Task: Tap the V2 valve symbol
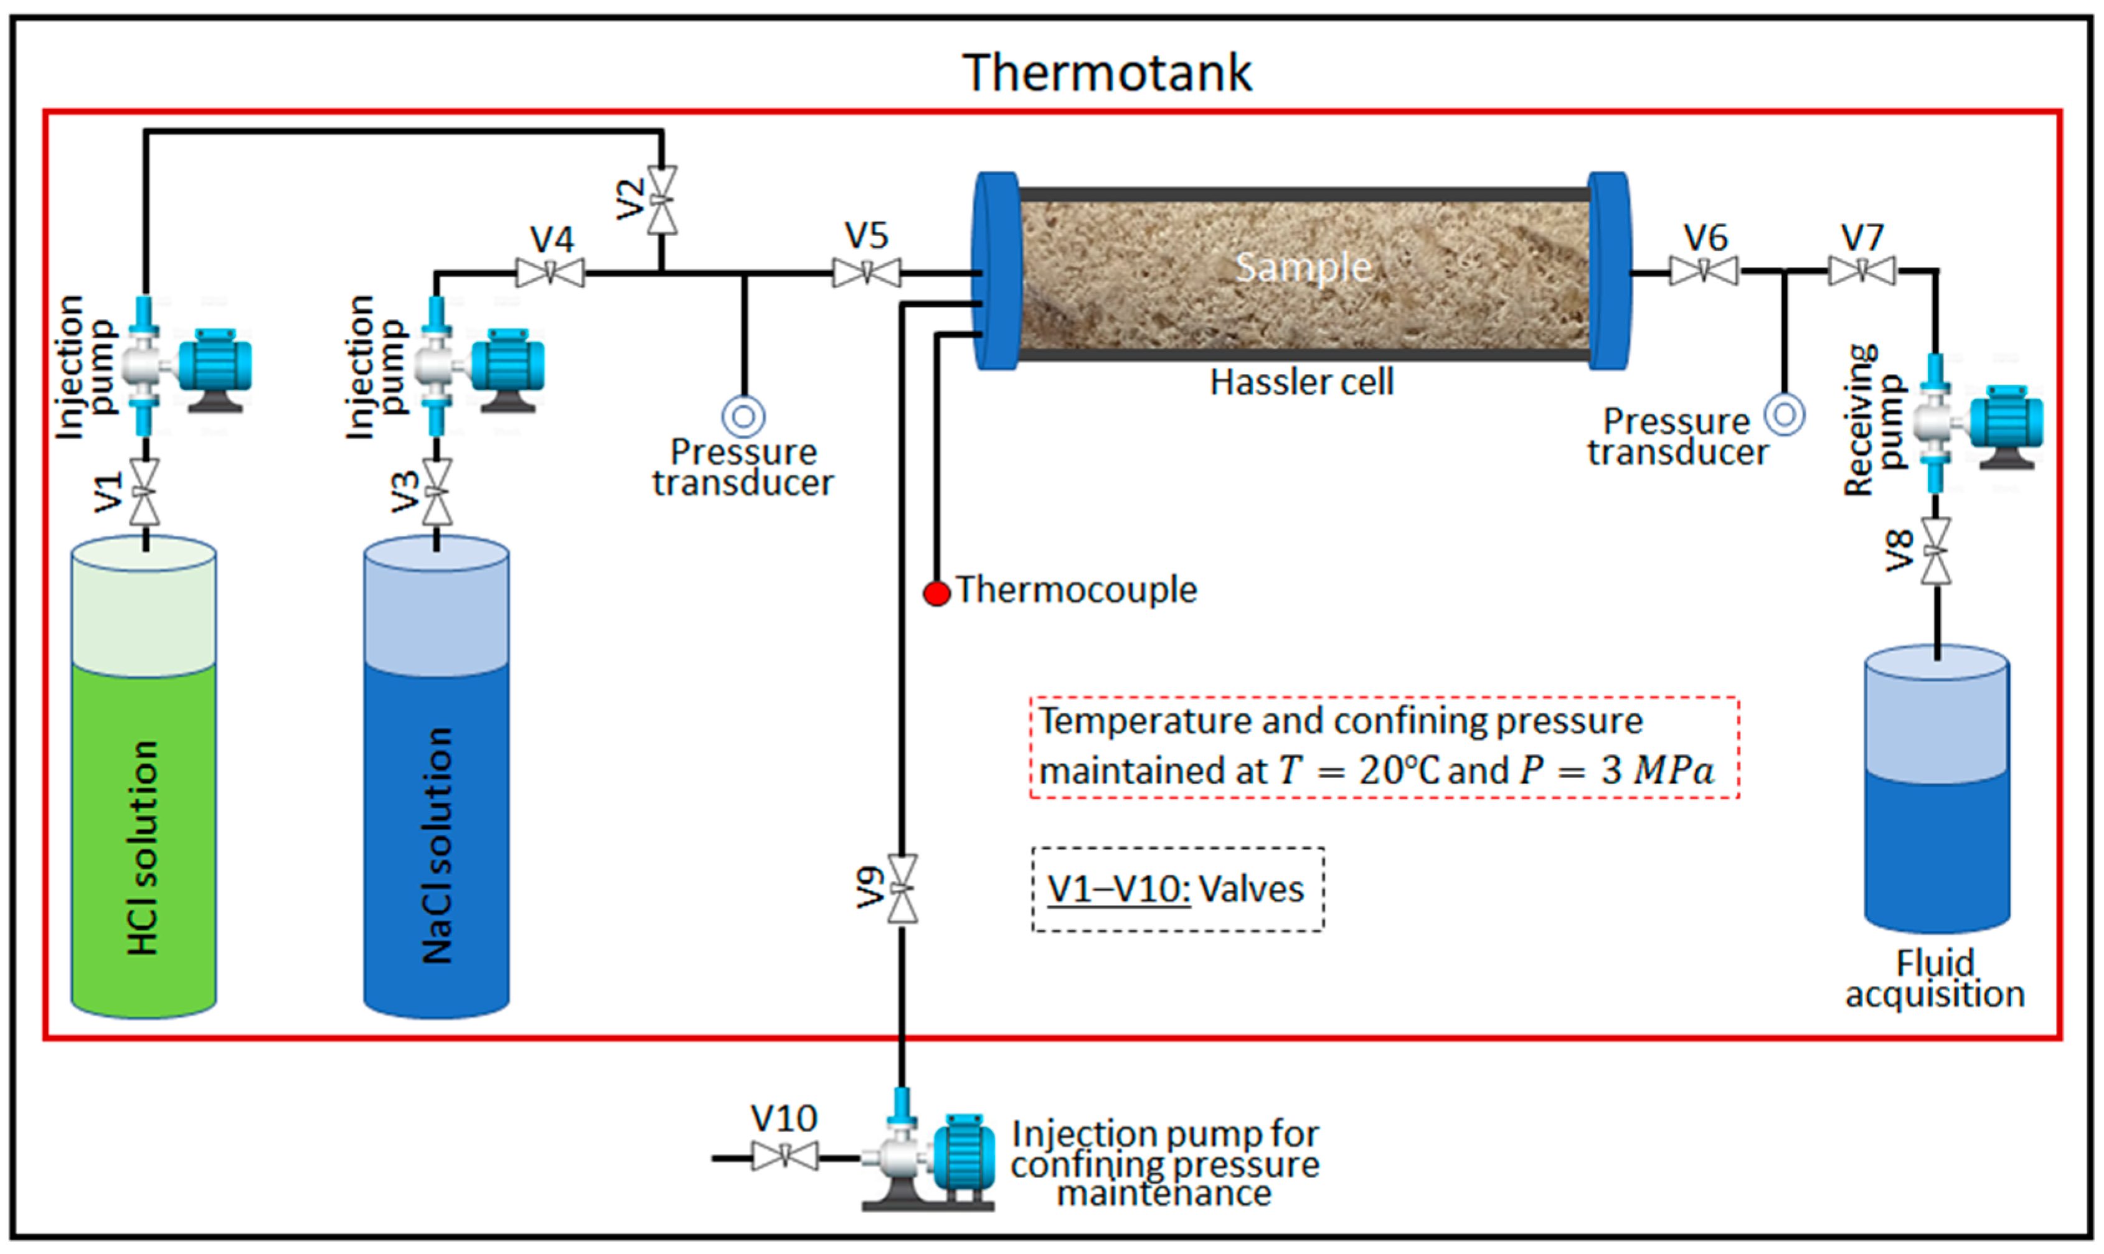pyautogui.click(x=661, y=200)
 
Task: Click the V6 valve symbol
pyautogui.click(x=1704, y=271)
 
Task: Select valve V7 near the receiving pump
pyautogui.click(x=1862, y=271)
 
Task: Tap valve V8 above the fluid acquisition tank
pyautogui.click(x=1936, y=551)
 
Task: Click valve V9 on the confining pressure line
pyautogui.click(x=902, y=889)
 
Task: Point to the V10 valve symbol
pyautogui.click(x=785, y=1156)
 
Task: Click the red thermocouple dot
pyautogui.click(x=936, y=593)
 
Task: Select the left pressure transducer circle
pyautogui.click(x=744, y=416)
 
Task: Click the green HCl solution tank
pyautogui.click(x=144, y=836)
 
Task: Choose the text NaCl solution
pyautogui.click(x=437, y=845)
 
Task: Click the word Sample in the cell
pyautogui.click(x=1303, y=268)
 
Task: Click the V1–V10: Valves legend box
pyautogui.click(x=1177, y=890)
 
